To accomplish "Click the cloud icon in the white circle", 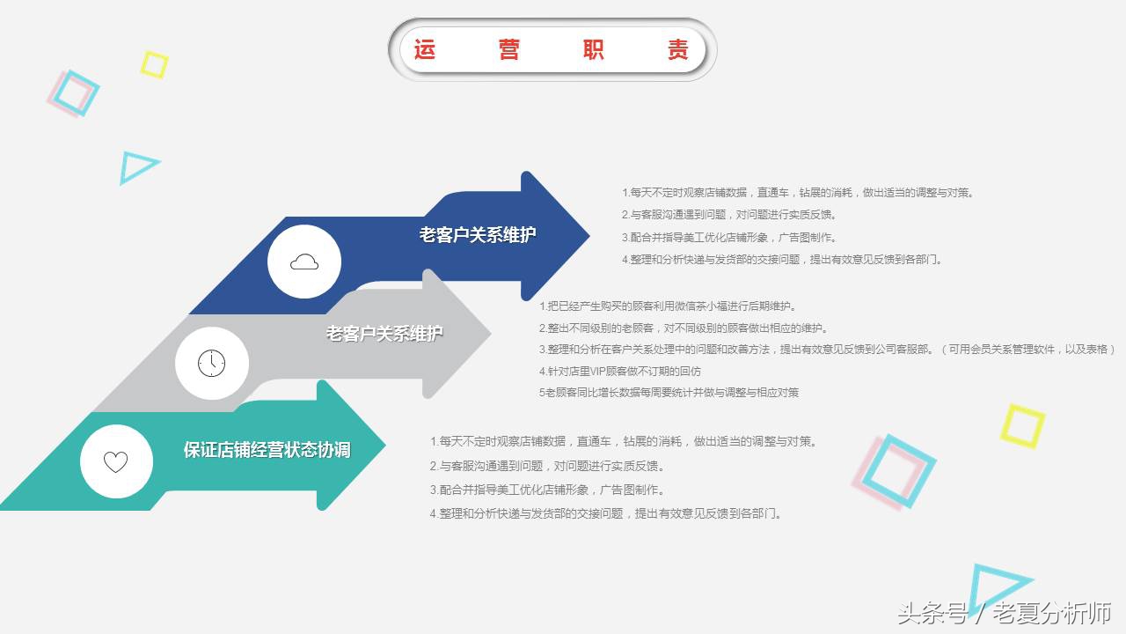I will click(x=304, y=262).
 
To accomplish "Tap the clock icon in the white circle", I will click(x=211, y=363).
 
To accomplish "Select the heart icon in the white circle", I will click(x=116, y=461).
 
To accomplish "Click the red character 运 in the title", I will click(x=425, y=50).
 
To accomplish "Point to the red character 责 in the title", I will click(x=677, y=50).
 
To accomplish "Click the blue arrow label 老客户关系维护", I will click(x=477, y=235).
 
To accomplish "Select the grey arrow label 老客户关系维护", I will click(x=384, y=334).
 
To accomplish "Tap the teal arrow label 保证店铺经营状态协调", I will click(x=267, y=450).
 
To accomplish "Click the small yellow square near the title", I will click(x=154, y=64).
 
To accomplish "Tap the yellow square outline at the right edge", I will click(x=1022, y=425).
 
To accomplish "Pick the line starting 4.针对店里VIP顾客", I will click(x=619, y=372).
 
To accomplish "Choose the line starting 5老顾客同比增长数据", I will click(x=669, y=393).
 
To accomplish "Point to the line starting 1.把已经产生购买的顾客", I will click(x=668, y=306).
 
